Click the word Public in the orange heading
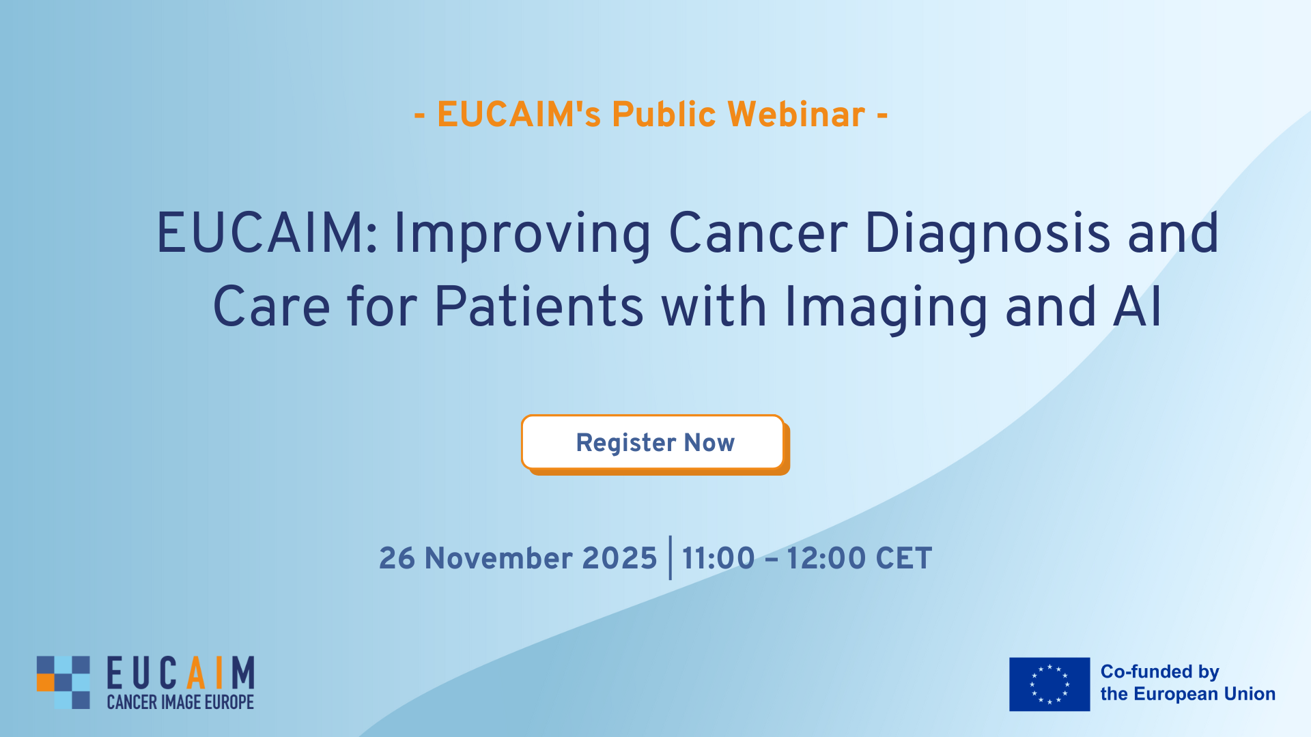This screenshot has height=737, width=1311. [664, 114]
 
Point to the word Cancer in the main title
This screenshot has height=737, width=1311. [758, 233]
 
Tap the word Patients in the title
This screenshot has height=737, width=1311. [539, 306]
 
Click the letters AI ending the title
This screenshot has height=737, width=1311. [1138, 306]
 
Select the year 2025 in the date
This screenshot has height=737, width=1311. [619, 558]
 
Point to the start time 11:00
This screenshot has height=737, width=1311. [718, 558]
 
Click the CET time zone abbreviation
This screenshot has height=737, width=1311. [904, 558]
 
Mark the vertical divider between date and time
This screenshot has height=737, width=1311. [670, 558]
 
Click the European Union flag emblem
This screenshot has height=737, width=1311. [1049, 684]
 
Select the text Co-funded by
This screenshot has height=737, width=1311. [1159, 672]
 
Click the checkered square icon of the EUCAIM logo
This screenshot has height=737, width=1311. [63, 682]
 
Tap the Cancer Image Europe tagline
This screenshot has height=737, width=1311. [180, 702]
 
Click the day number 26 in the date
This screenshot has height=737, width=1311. [397, 558]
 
